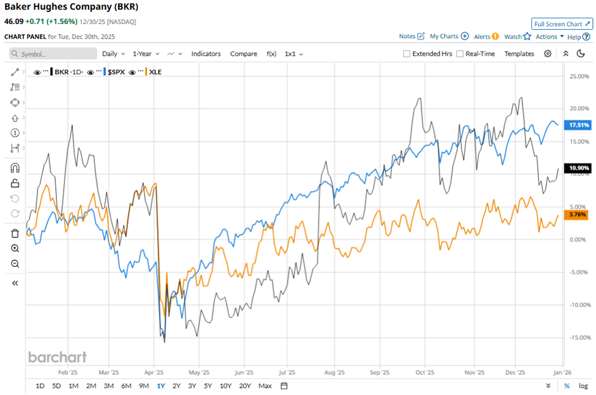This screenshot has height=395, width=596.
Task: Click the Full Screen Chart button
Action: coord(562,24)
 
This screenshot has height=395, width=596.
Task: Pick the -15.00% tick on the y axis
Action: coord(579,337)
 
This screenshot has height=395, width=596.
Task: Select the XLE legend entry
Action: coord(154,72)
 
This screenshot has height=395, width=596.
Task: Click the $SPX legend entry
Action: coord(116,72)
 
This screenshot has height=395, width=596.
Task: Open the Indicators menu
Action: coord(206,54)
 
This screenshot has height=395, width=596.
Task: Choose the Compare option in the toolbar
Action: coord(243,54)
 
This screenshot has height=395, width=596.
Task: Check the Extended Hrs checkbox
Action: coord(406,54)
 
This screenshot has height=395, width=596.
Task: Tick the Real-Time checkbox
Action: coord(460,54)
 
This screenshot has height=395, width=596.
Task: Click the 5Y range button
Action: coord(209,386)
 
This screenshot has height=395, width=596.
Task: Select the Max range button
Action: coord(265,386)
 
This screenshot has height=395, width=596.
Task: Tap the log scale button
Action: coord(583,386)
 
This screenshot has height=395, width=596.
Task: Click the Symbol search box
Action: coord(54,54)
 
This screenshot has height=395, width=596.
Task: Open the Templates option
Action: coord(519,54)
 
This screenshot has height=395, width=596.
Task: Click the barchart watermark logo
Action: coord(57,357)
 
